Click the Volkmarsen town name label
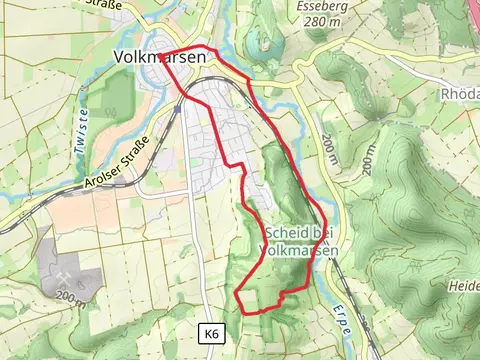click(x=160, y=58)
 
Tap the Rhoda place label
click(x=460, y=95)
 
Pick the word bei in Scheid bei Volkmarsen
click(x=321, y=232)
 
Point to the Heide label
click(x=464, y=286)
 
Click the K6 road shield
click(x=210, y=333)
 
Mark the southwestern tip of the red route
click(x=238, y=293)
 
